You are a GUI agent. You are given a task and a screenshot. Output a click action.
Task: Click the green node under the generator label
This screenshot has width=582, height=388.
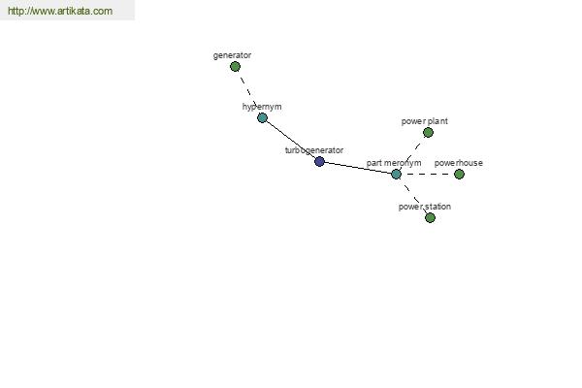tap(235, 67)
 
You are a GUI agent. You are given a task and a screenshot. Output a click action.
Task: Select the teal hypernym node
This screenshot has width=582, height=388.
tap(263, 117)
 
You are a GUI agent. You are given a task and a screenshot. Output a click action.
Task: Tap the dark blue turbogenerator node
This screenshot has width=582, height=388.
tap(319, 162)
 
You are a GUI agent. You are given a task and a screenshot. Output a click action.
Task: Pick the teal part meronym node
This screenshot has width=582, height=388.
tap(396, 174)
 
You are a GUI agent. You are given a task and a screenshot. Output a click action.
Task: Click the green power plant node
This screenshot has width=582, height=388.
tap(428, 132)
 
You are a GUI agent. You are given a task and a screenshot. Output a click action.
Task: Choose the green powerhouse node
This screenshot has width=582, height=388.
tap(459, 174)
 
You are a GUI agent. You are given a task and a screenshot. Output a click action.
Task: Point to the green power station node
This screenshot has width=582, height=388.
tap(430, 217)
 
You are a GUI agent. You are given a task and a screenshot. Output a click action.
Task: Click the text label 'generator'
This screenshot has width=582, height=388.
tap(233, 55)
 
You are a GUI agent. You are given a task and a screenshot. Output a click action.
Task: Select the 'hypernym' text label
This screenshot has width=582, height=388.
tap(262, 107)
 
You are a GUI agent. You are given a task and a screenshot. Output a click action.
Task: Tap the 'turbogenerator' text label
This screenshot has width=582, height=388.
tap(314, 150)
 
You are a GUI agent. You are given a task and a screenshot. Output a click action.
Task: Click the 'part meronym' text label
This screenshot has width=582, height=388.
tap(394, 163)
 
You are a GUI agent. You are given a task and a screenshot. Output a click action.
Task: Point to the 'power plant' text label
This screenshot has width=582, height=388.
tap(425, 121)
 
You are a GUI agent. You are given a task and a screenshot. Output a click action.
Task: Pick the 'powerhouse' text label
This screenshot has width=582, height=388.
tap(459, 163)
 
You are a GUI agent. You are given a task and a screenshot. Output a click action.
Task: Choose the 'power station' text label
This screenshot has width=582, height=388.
tap(425, 207)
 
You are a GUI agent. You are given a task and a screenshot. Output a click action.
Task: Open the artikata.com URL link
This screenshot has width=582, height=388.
tap(60, 11)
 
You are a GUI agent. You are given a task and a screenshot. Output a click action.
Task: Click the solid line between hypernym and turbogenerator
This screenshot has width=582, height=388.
tap(291, 140)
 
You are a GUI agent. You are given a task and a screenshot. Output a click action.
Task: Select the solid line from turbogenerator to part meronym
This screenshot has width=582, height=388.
tap(358, 168)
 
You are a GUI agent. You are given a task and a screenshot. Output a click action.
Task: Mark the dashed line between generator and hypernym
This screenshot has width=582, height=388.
tap(248, 92)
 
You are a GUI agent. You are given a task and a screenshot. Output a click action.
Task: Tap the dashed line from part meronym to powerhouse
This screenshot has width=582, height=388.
tap(428, 174)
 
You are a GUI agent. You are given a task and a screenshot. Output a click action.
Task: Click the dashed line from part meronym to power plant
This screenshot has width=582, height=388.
tap(412, 153)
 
